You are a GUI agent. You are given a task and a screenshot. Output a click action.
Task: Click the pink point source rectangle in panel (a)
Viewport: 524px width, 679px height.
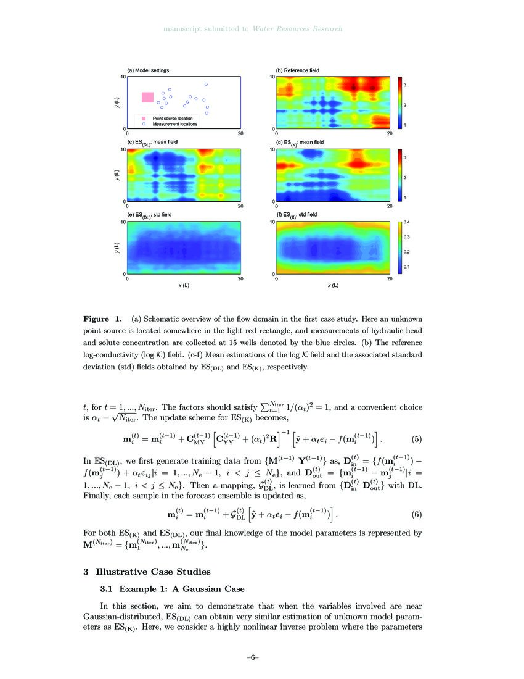click(x=148, y=97)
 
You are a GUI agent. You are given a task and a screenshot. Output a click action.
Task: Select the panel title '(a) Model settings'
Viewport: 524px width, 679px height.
click(x=148, y=70)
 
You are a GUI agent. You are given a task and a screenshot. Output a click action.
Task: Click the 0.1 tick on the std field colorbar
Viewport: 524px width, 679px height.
click(x=406, y=267)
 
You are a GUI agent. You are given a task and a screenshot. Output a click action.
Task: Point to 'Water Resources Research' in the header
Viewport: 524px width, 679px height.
click(x=297, y=29)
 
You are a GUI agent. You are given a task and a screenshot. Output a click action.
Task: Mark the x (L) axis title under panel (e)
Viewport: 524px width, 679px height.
click(x=183, y=286)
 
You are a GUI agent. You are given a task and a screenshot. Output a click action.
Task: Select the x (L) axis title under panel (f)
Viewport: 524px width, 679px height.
click(x=332, y=286)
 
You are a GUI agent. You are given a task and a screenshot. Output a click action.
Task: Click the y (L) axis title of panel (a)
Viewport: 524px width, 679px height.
click(x=117, y=102)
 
